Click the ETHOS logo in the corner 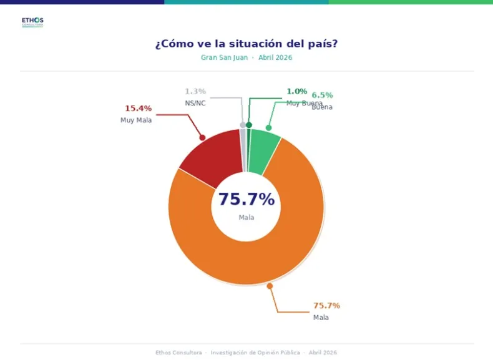tap(32, 22)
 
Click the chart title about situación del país tap(246, 44)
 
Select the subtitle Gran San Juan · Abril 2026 tap(246, 57)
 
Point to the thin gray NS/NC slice tap(243, 150)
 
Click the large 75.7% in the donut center tap(246, 200)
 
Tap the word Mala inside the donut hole tap(246, 218)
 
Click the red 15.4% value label tap(138, 108)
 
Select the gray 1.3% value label tap(195, 92)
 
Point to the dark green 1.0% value tap(297, 91)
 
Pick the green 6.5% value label tap(322, 95)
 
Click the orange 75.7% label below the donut tap(326, 306)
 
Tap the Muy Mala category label tap(136, 120)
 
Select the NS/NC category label tap(195, 103)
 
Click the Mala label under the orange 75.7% tap(321, 318)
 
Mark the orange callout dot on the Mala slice tap(270, 286)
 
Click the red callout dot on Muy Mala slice tap(202, 137)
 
